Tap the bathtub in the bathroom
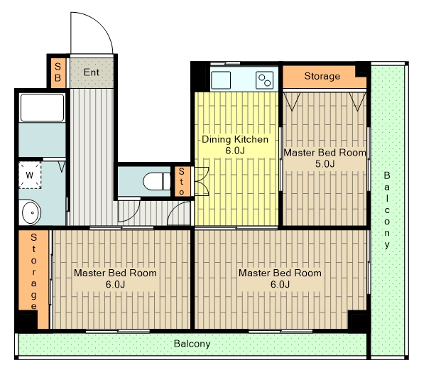point(43,107)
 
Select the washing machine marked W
point(30,175)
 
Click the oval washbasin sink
point(31,212)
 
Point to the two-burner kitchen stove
point(264,80)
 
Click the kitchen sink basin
point(221,80)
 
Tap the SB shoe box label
point(58,72)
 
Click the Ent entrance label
point(92,72)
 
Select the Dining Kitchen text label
point(235,139)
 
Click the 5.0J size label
point(325,164)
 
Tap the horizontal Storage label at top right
point(322,76)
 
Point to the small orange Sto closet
point(182,181)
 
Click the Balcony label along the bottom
point(192,344)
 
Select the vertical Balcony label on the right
point(387,210)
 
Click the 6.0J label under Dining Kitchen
point(235,151)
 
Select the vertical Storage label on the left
point(33,271)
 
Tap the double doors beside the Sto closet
point(202,181)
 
